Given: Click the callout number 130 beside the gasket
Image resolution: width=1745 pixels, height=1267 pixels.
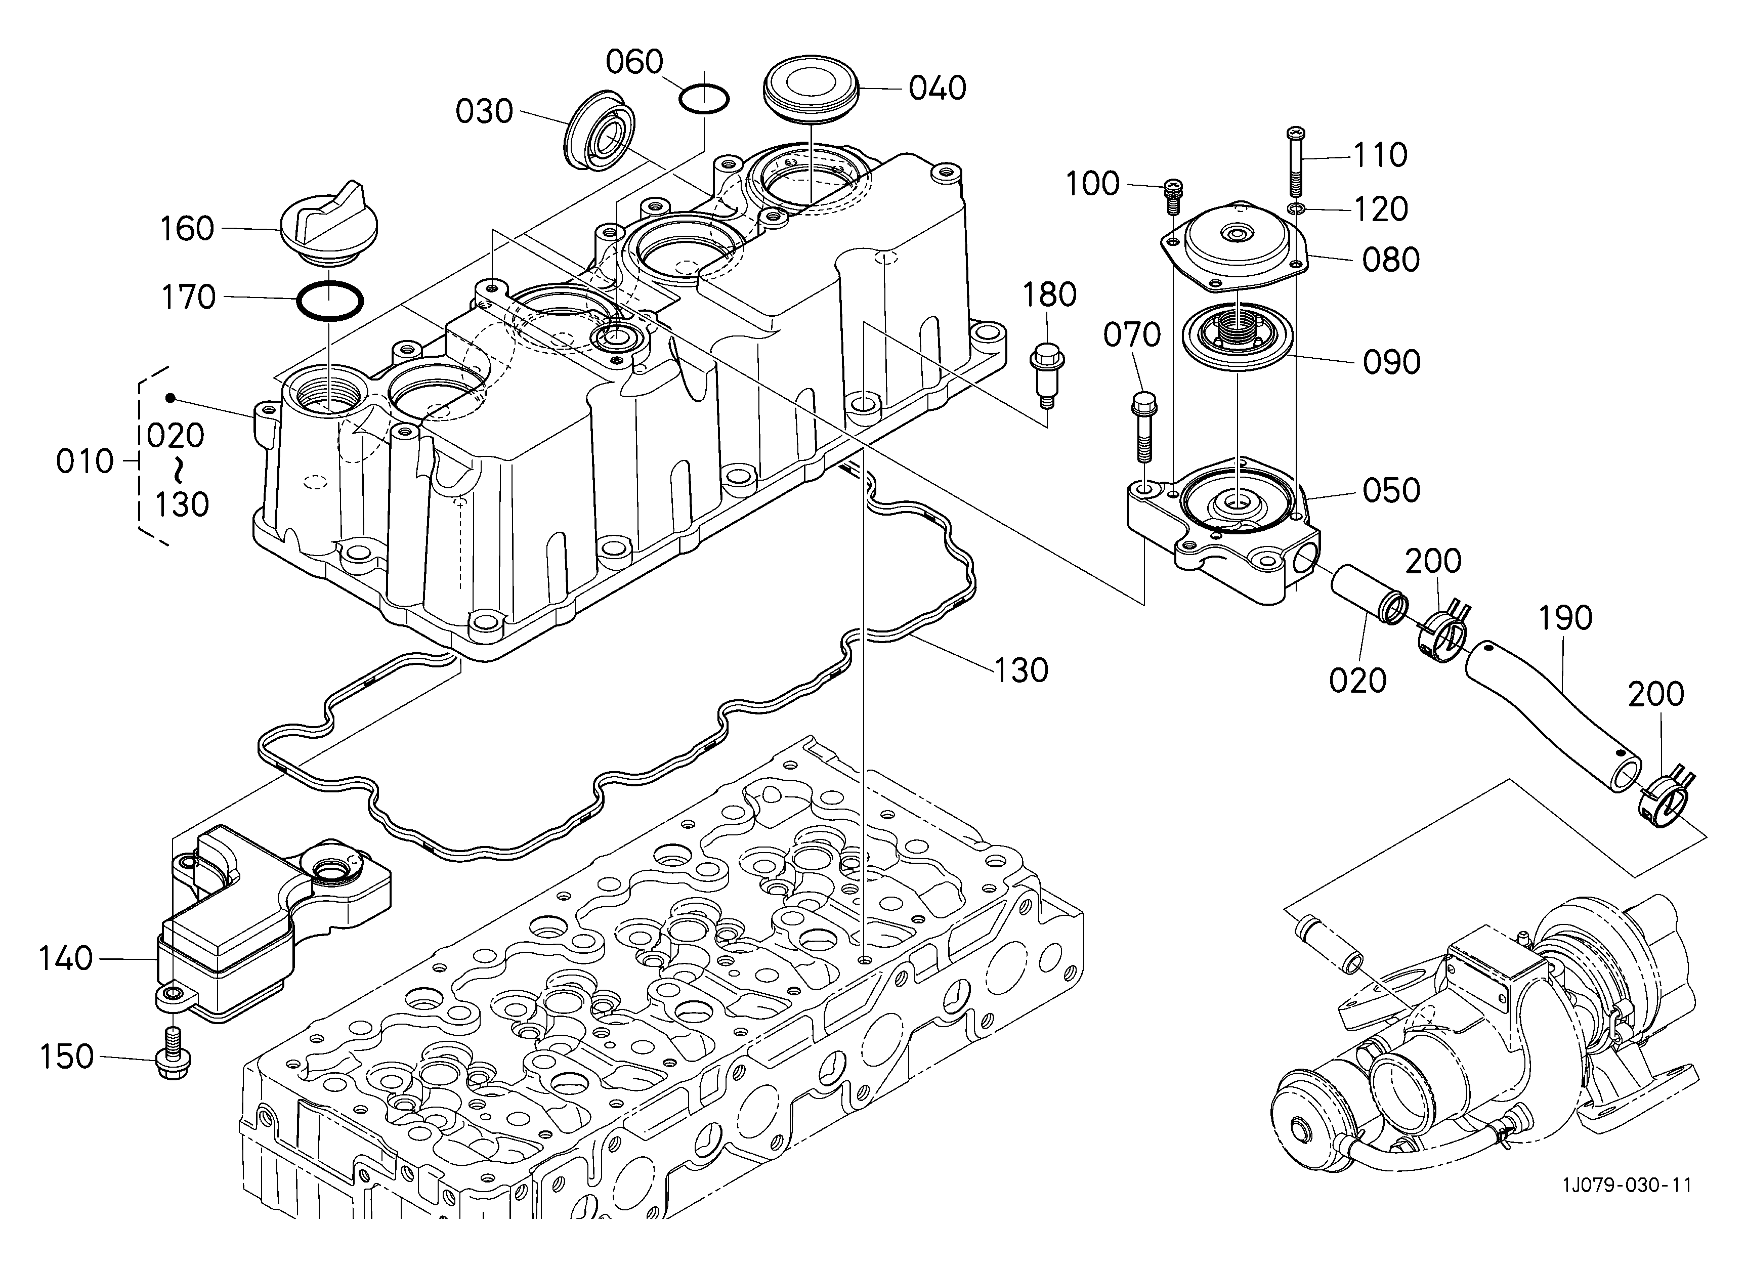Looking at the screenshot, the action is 1021,670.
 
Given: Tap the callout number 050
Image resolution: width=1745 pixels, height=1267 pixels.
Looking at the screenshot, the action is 1391,490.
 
